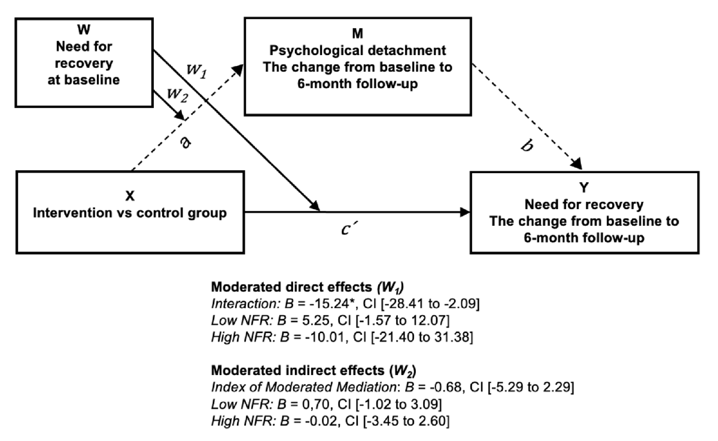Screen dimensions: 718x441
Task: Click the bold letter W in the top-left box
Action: (84, 29)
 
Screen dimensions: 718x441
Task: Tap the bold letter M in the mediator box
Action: (358, 34)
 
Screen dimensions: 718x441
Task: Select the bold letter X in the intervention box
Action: (130, 196)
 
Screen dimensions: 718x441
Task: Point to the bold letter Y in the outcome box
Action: (584, 188)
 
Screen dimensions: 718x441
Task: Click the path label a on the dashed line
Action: (185, 142)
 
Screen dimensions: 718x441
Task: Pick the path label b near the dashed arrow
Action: (527, 145)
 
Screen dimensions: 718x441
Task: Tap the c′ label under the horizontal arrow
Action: (349, 228)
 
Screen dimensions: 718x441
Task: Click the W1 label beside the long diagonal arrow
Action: (196, 71)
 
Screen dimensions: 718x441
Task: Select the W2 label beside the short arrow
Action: (177, 95)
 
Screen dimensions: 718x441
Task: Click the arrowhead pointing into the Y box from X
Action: (465, 212)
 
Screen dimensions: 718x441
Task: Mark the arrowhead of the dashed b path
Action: (577, 164)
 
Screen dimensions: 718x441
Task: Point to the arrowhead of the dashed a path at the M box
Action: (238, 69)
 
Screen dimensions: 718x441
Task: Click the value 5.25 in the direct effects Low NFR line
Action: (317, 321)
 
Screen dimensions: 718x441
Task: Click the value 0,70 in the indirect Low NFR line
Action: (317, 404)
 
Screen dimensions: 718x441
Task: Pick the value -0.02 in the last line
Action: (322, 421)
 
